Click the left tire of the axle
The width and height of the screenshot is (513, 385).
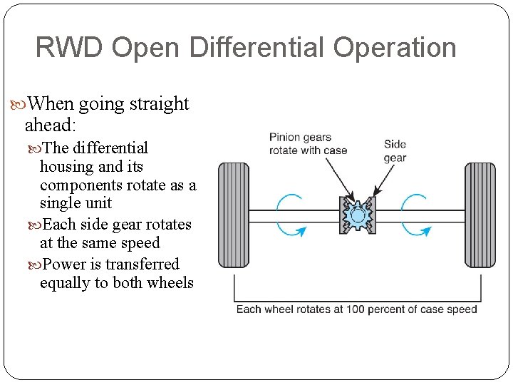coord(233,215)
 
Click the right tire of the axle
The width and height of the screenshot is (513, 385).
coord(480,215)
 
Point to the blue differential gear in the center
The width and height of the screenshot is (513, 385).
coord(357,215)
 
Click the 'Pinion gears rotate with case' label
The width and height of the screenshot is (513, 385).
coord(308,143)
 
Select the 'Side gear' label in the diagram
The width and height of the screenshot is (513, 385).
coord(395,150)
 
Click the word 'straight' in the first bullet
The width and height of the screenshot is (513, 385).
coord(159,104)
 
